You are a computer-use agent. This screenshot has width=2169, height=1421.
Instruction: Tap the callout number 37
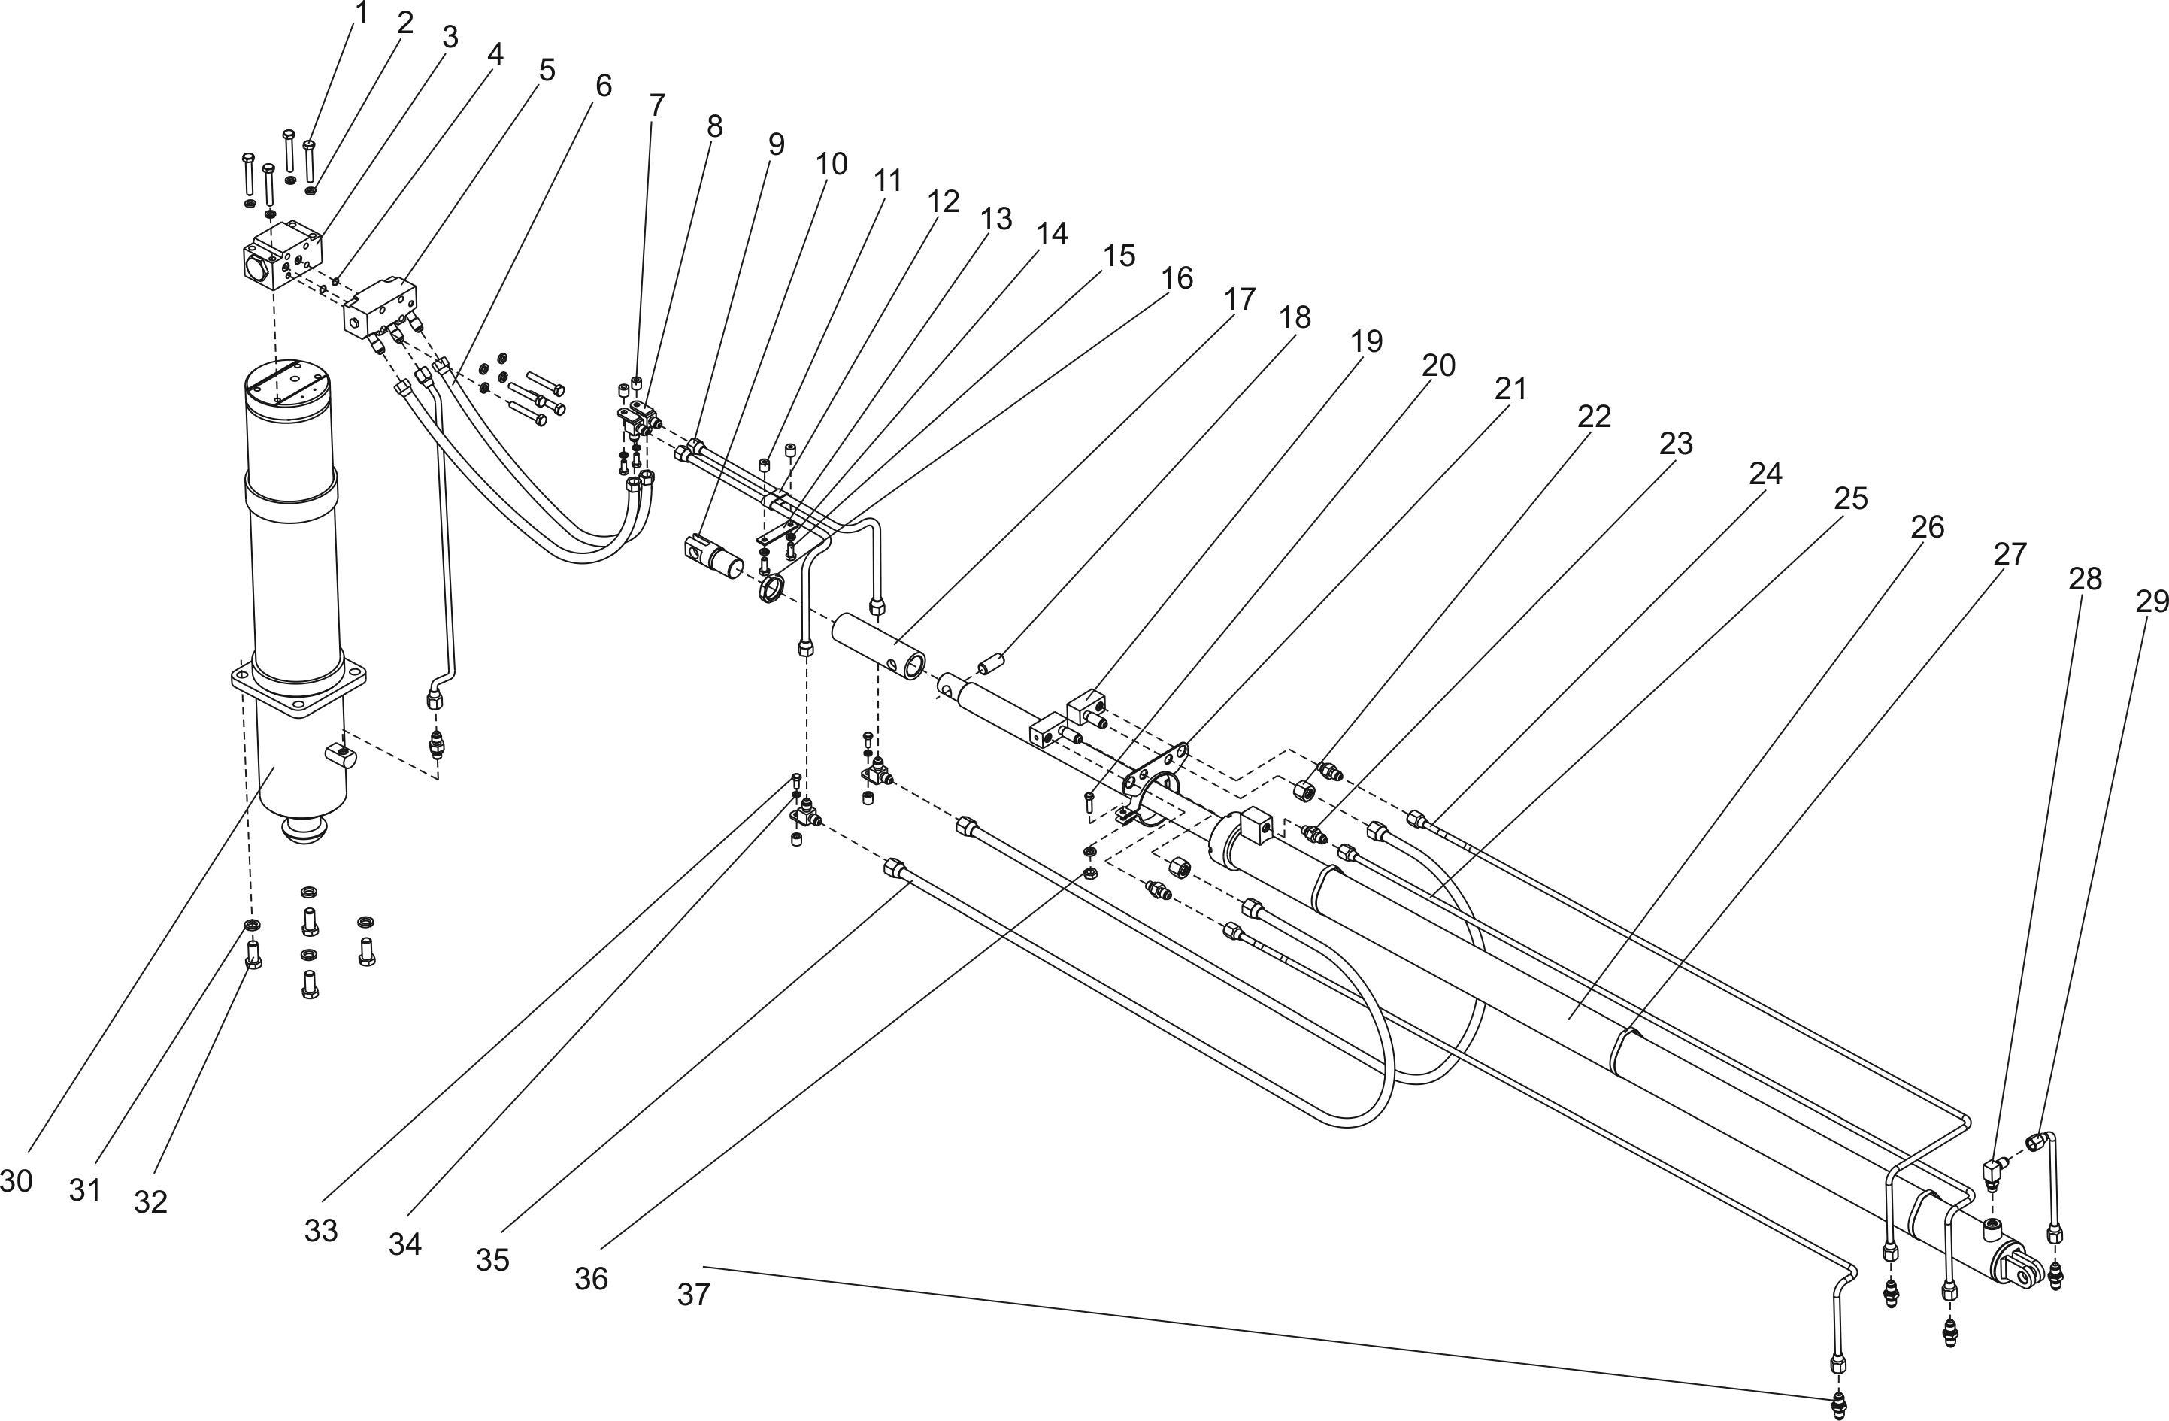(x=692, y=1293)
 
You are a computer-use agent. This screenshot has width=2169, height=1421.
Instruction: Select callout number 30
(x=17, y=1180)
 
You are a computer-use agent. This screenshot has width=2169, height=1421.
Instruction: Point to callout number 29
(x=2151, y=601)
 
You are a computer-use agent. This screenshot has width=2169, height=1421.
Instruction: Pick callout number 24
(x=1765, y=472)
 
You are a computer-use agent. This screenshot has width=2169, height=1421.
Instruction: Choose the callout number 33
(x=321, y=1231)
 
